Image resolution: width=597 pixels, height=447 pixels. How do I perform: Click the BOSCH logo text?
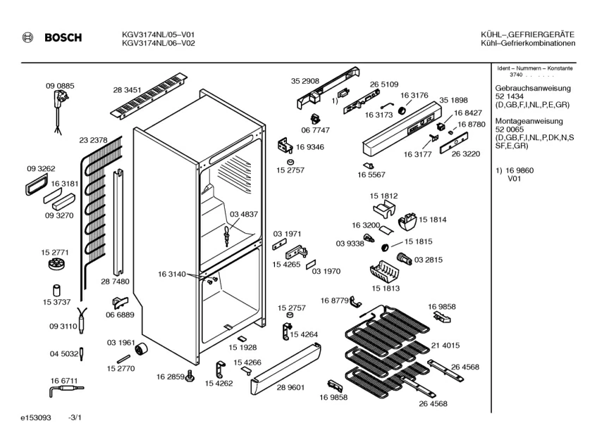[x=62, y=38]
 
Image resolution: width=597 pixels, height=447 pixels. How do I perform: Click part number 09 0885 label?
[x=60, y=86]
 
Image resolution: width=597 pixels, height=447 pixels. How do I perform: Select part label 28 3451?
[x=128, y=90]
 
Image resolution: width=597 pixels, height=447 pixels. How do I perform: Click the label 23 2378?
[x=93, y=140]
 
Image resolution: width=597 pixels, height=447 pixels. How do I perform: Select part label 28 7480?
[x=115, y=281]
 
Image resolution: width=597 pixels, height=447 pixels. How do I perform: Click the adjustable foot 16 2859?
[x=190, y=380]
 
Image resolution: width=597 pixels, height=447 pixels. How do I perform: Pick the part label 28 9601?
[x=291, y=387]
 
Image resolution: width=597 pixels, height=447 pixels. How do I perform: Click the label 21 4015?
[x=445, y=346]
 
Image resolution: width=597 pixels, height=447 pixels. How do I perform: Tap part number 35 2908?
[x=305, y=81]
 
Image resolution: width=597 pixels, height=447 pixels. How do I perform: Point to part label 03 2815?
[x=429, y=260]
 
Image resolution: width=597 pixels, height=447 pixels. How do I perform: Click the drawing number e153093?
[x=36, y=418]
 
